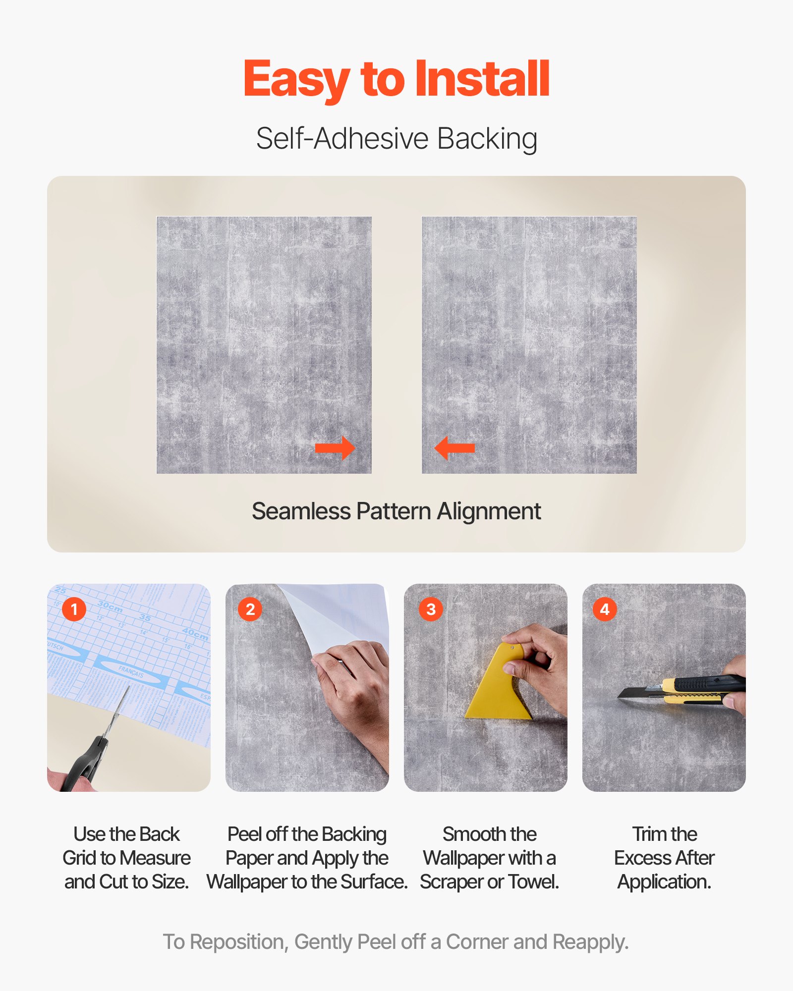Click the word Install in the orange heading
482,79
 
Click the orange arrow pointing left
454,448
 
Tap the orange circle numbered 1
74,609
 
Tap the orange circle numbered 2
250,609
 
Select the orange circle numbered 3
431,609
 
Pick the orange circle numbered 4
605,609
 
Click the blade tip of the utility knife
622,696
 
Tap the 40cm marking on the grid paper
195,633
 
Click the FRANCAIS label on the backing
131,672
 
